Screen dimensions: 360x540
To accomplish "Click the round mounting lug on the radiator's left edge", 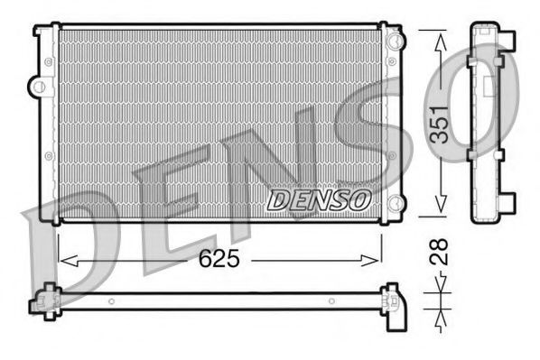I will pos(37,87).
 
